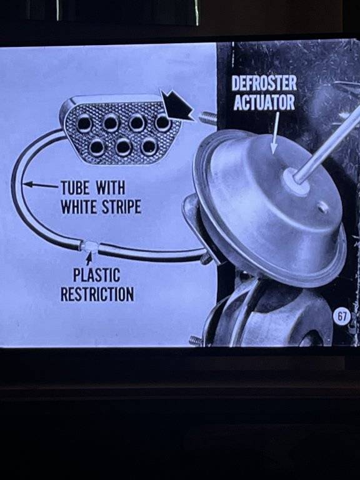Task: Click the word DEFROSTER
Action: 264,83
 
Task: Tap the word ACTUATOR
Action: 264,102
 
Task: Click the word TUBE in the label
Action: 75,187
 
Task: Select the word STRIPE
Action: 121,207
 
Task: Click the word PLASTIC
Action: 96,274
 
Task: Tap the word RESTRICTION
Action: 97,294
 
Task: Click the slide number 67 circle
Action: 342,316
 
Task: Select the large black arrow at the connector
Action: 177,106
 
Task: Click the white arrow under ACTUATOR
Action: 275,132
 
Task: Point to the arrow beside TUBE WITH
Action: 41,184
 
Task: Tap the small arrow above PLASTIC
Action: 89,259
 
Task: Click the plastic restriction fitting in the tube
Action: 89,246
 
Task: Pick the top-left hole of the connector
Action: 84,124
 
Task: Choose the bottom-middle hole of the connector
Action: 123,147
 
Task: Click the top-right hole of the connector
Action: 163,122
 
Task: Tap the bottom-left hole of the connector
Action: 97,147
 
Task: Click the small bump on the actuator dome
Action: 323,207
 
